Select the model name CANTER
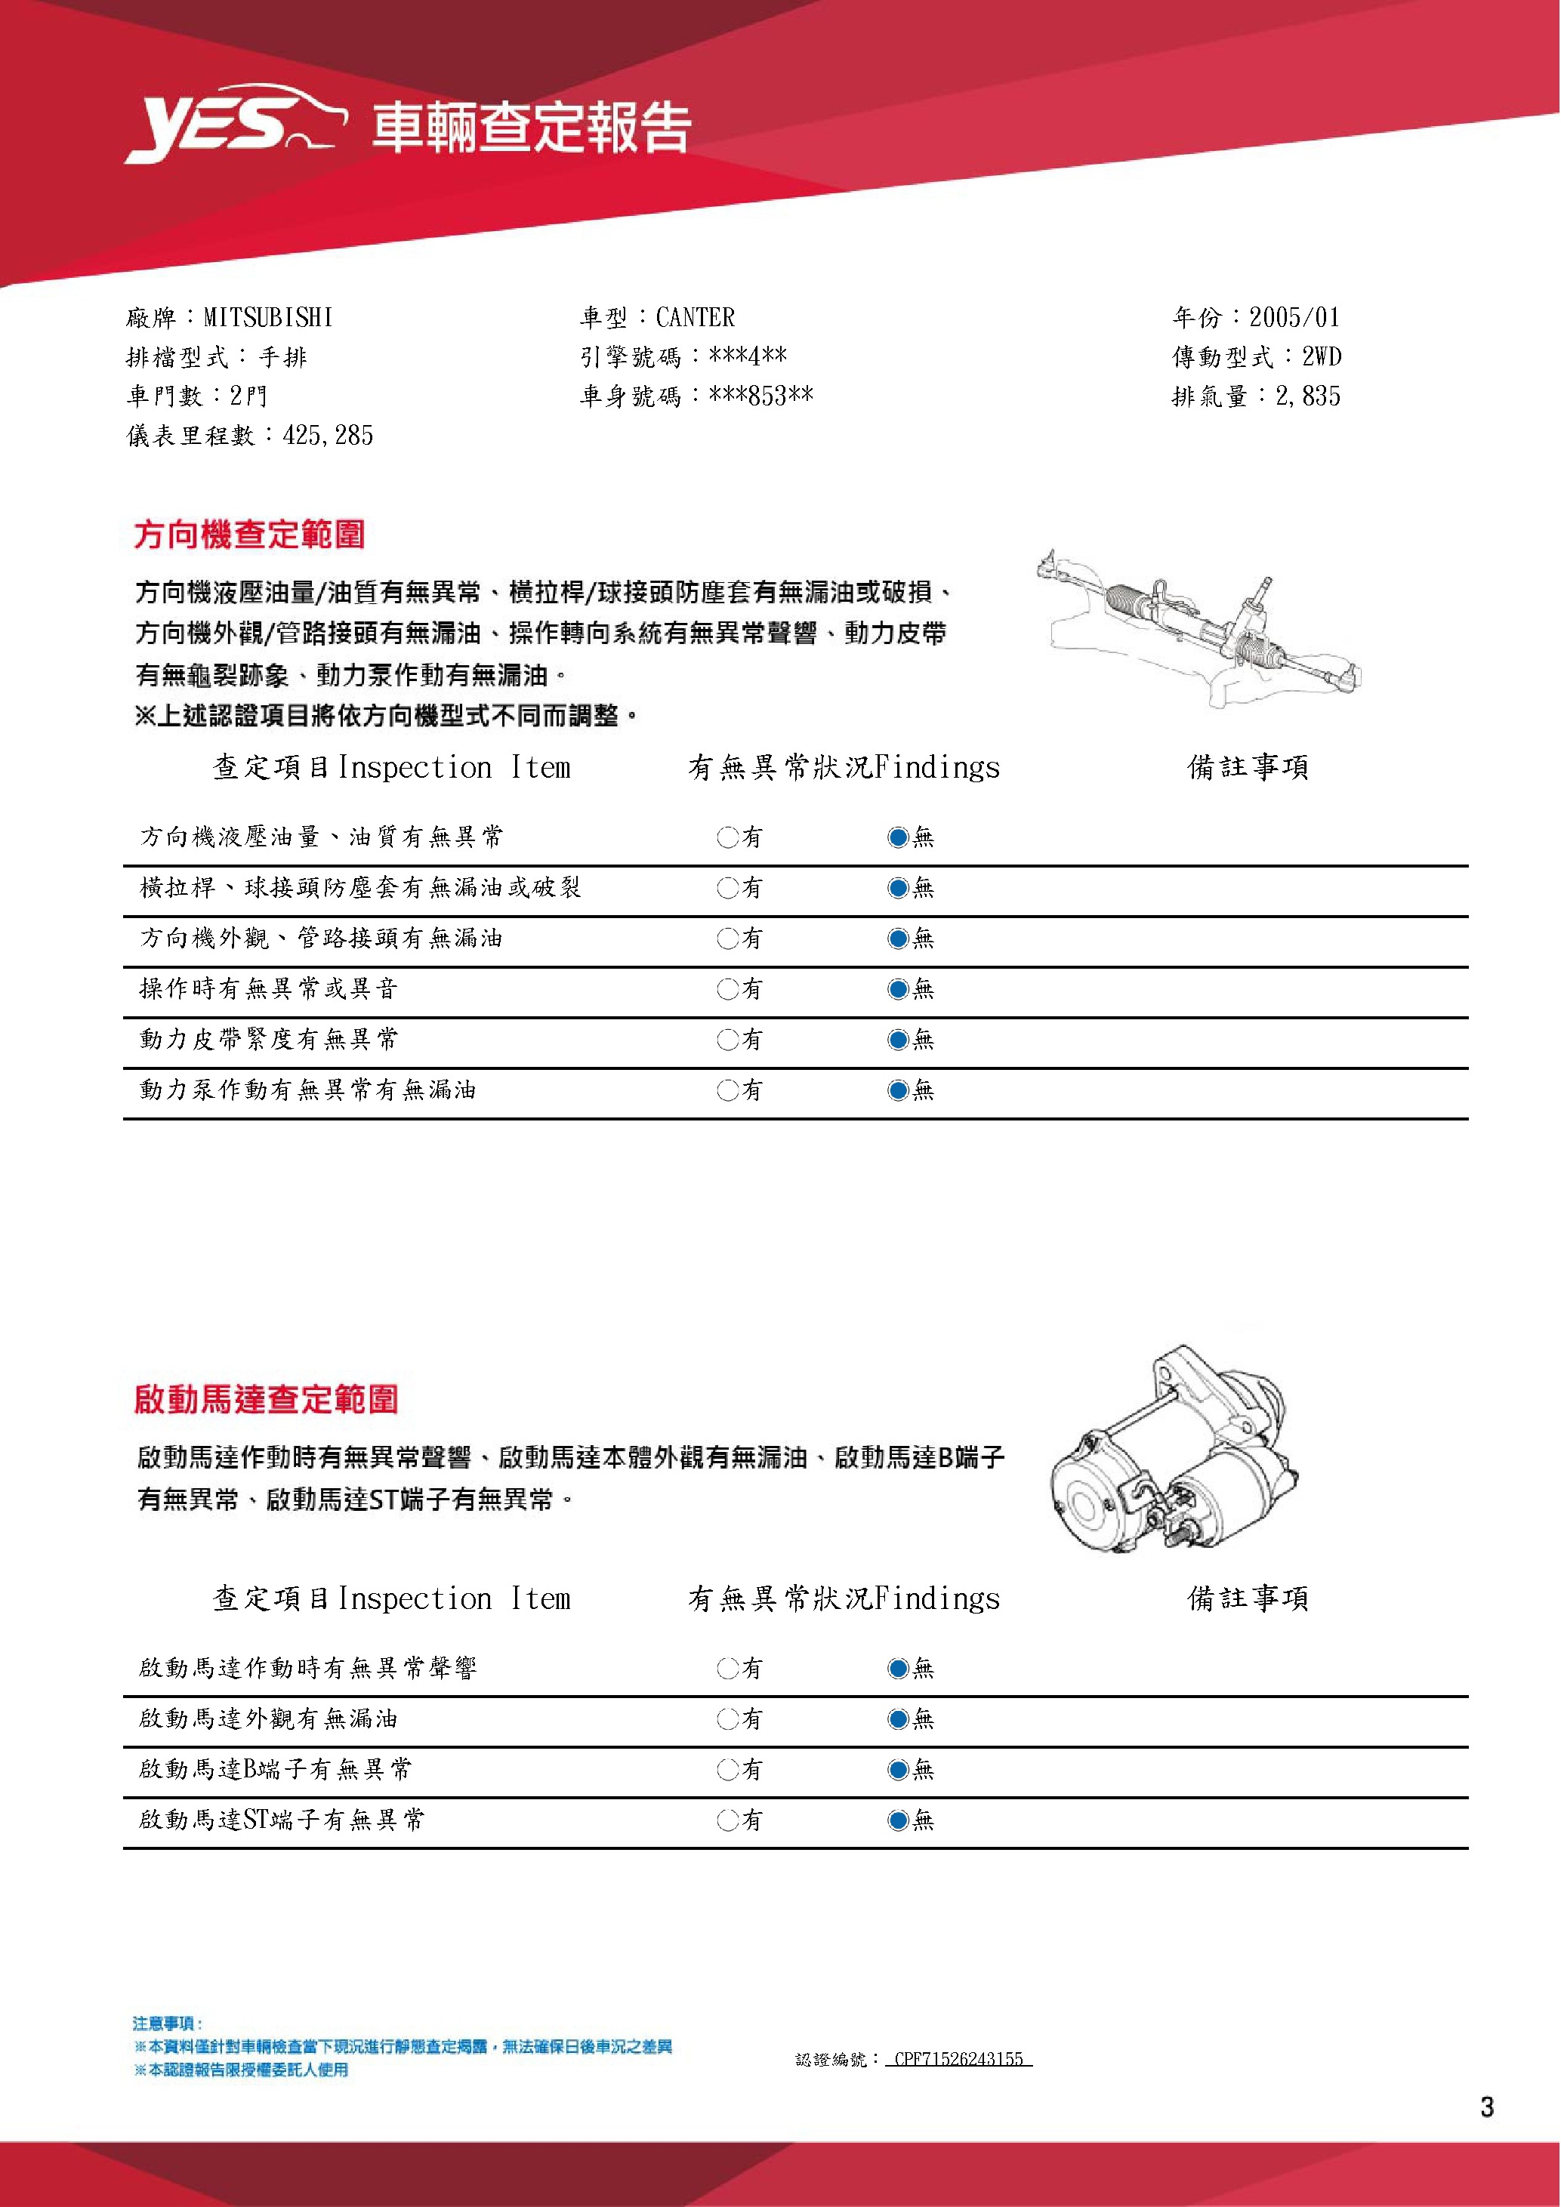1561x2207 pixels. point(695,317)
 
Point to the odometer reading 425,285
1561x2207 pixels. point(328,436)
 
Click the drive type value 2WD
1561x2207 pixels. point(1322,356)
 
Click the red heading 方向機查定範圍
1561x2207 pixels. point(250,535)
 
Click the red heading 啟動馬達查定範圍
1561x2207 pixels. point(267,1400)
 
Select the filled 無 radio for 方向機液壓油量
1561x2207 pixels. point(898,837)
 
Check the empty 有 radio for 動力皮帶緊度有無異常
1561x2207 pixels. point(727,1039)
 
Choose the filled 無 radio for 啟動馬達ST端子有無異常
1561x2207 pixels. point(898,1820)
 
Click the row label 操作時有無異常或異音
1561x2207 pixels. point(268,988)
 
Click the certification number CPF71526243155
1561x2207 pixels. point(958,2059)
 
